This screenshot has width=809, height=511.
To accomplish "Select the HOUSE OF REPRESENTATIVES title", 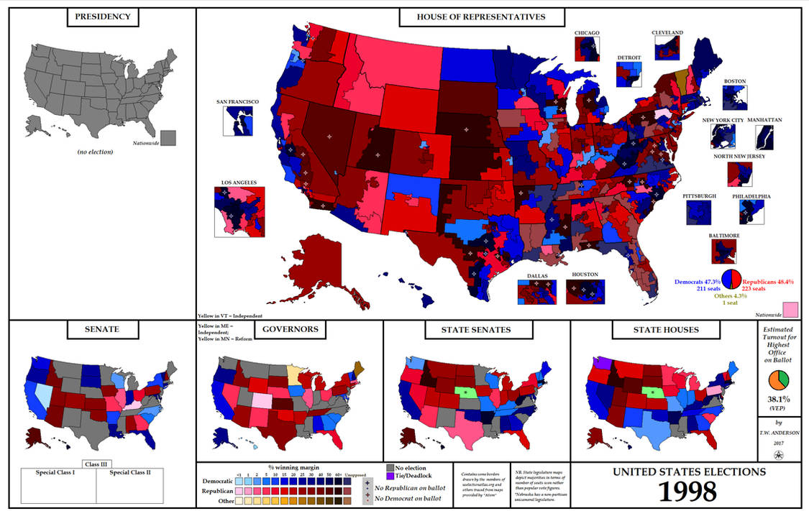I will [481, 17].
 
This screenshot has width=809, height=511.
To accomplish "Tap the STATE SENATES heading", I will [477, 330].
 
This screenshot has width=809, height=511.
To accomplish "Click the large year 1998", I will [688, 491].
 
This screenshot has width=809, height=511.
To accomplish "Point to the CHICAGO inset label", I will [588, 33].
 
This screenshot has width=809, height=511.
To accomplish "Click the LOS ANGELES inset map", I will [239, 211].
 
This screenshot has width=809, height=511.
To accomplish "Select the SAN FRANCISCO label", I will [237, 102].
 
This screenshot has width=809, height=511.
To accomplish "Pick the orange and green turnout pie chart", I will [780, 381].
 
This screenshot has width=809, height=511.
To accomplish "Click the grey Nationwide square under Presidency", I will [169, 138].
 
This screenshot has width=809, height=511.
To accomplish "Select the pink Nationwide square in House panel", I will [791, 310].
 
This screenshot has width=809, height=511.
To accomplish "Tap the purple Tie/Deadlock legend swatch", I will [390, 477].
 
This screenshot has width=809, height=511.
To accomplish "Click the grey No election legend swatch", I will [390, 468].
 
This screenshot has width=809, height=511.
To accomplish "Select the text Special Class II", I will [130, 473].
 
